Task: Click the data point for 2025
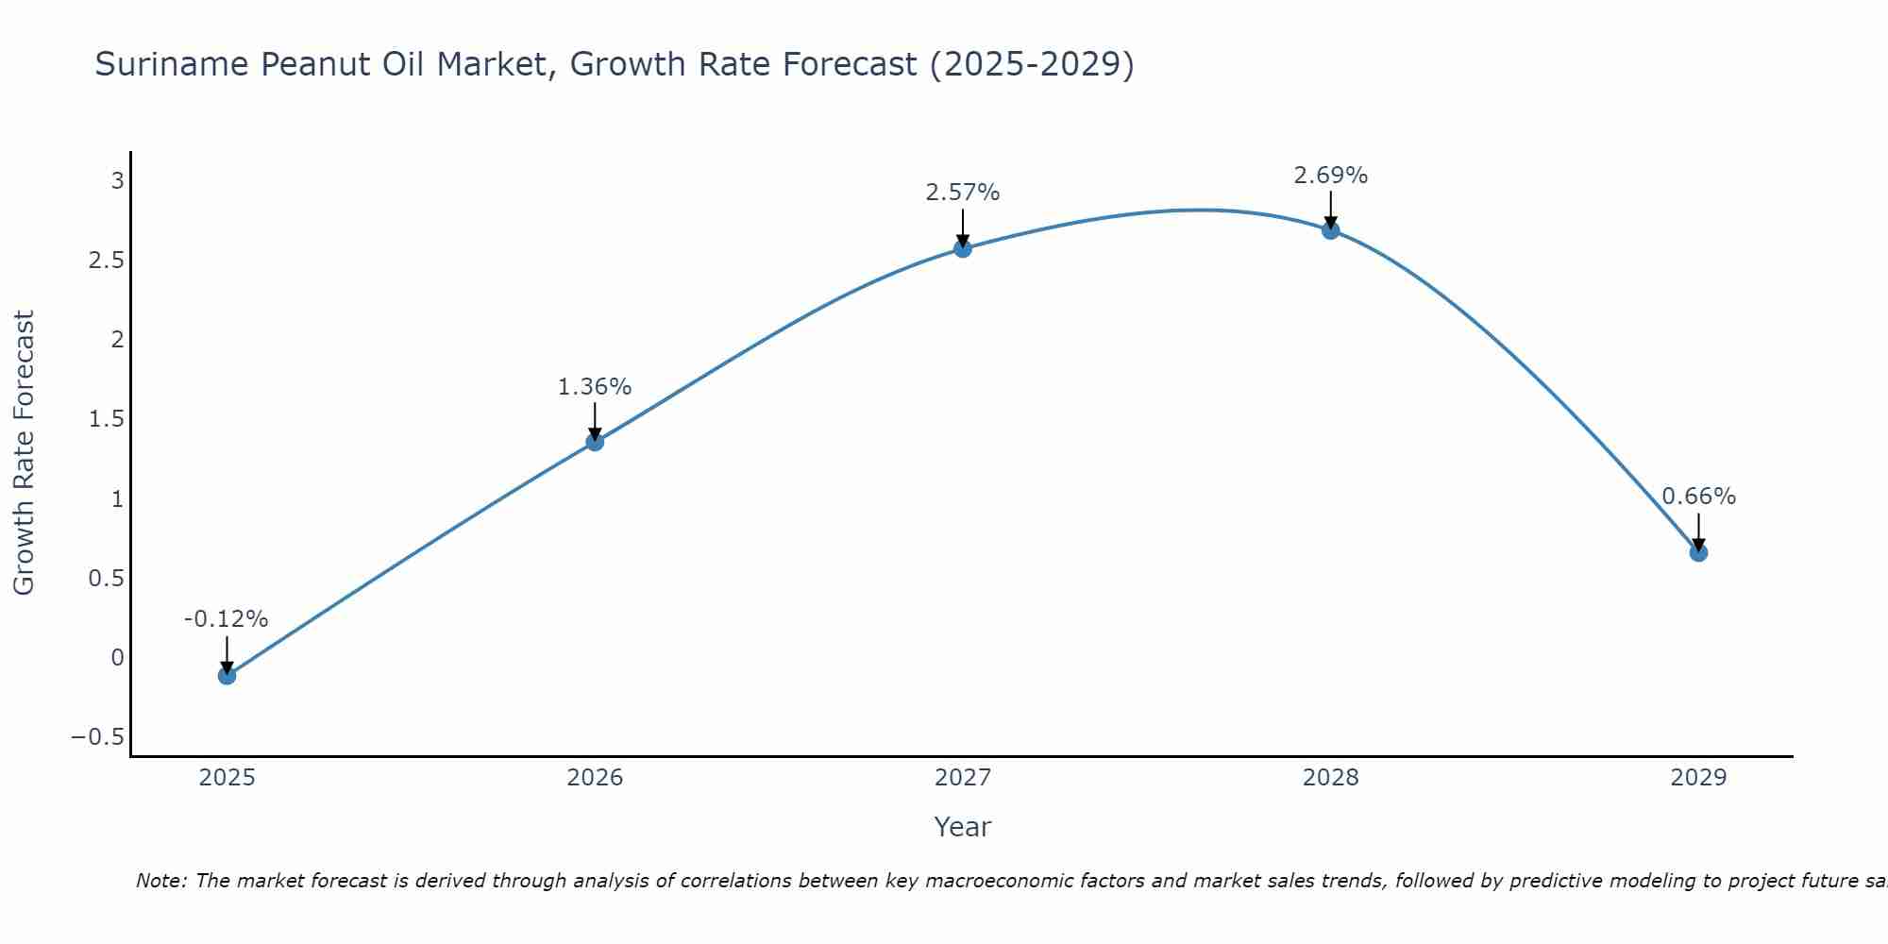point(227,675)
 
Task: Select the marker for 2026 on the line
point(595,441)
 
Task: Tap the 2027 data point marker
point(963,248)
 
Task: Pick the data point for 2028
point(1331,229)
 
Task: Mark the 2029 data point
point(1698,552)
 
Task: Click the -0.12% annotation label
point(227,619)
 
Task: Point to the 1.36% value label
point(595,386)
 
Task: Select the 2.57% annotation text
point(963,193)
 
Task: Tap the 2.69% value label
point(1331,175)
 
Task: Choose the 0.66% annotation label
point(1698,497)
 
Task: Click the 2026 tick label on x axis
point(595,778)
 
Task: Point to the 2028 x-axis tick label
point(1331,778)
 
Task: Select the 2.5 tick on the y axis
point(107,260)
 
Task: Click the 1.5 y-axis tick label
point(107,418)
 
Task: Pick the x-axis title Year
point(962,827)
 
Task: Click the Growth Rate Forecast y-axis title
point(24,453)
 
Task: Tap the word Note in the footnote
point(160,881)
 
